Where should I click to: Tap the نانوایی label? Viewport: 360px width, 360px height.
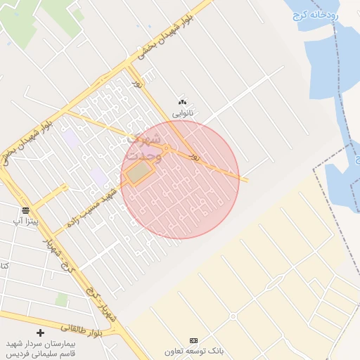point(184,112)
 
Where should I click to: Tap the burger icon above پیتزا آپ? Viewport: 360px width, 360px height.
point(25,210)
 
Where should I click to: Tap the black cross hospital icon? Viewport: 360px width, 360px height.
point(40,332)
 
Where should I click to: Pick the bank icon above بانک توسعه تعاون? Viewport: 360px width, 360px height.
point(194,340)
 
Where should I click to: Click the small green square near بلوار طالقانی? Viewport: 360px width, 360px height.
point(62,300)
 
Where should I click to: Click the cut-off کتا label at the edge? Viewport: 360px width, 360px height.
point(4,266)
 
